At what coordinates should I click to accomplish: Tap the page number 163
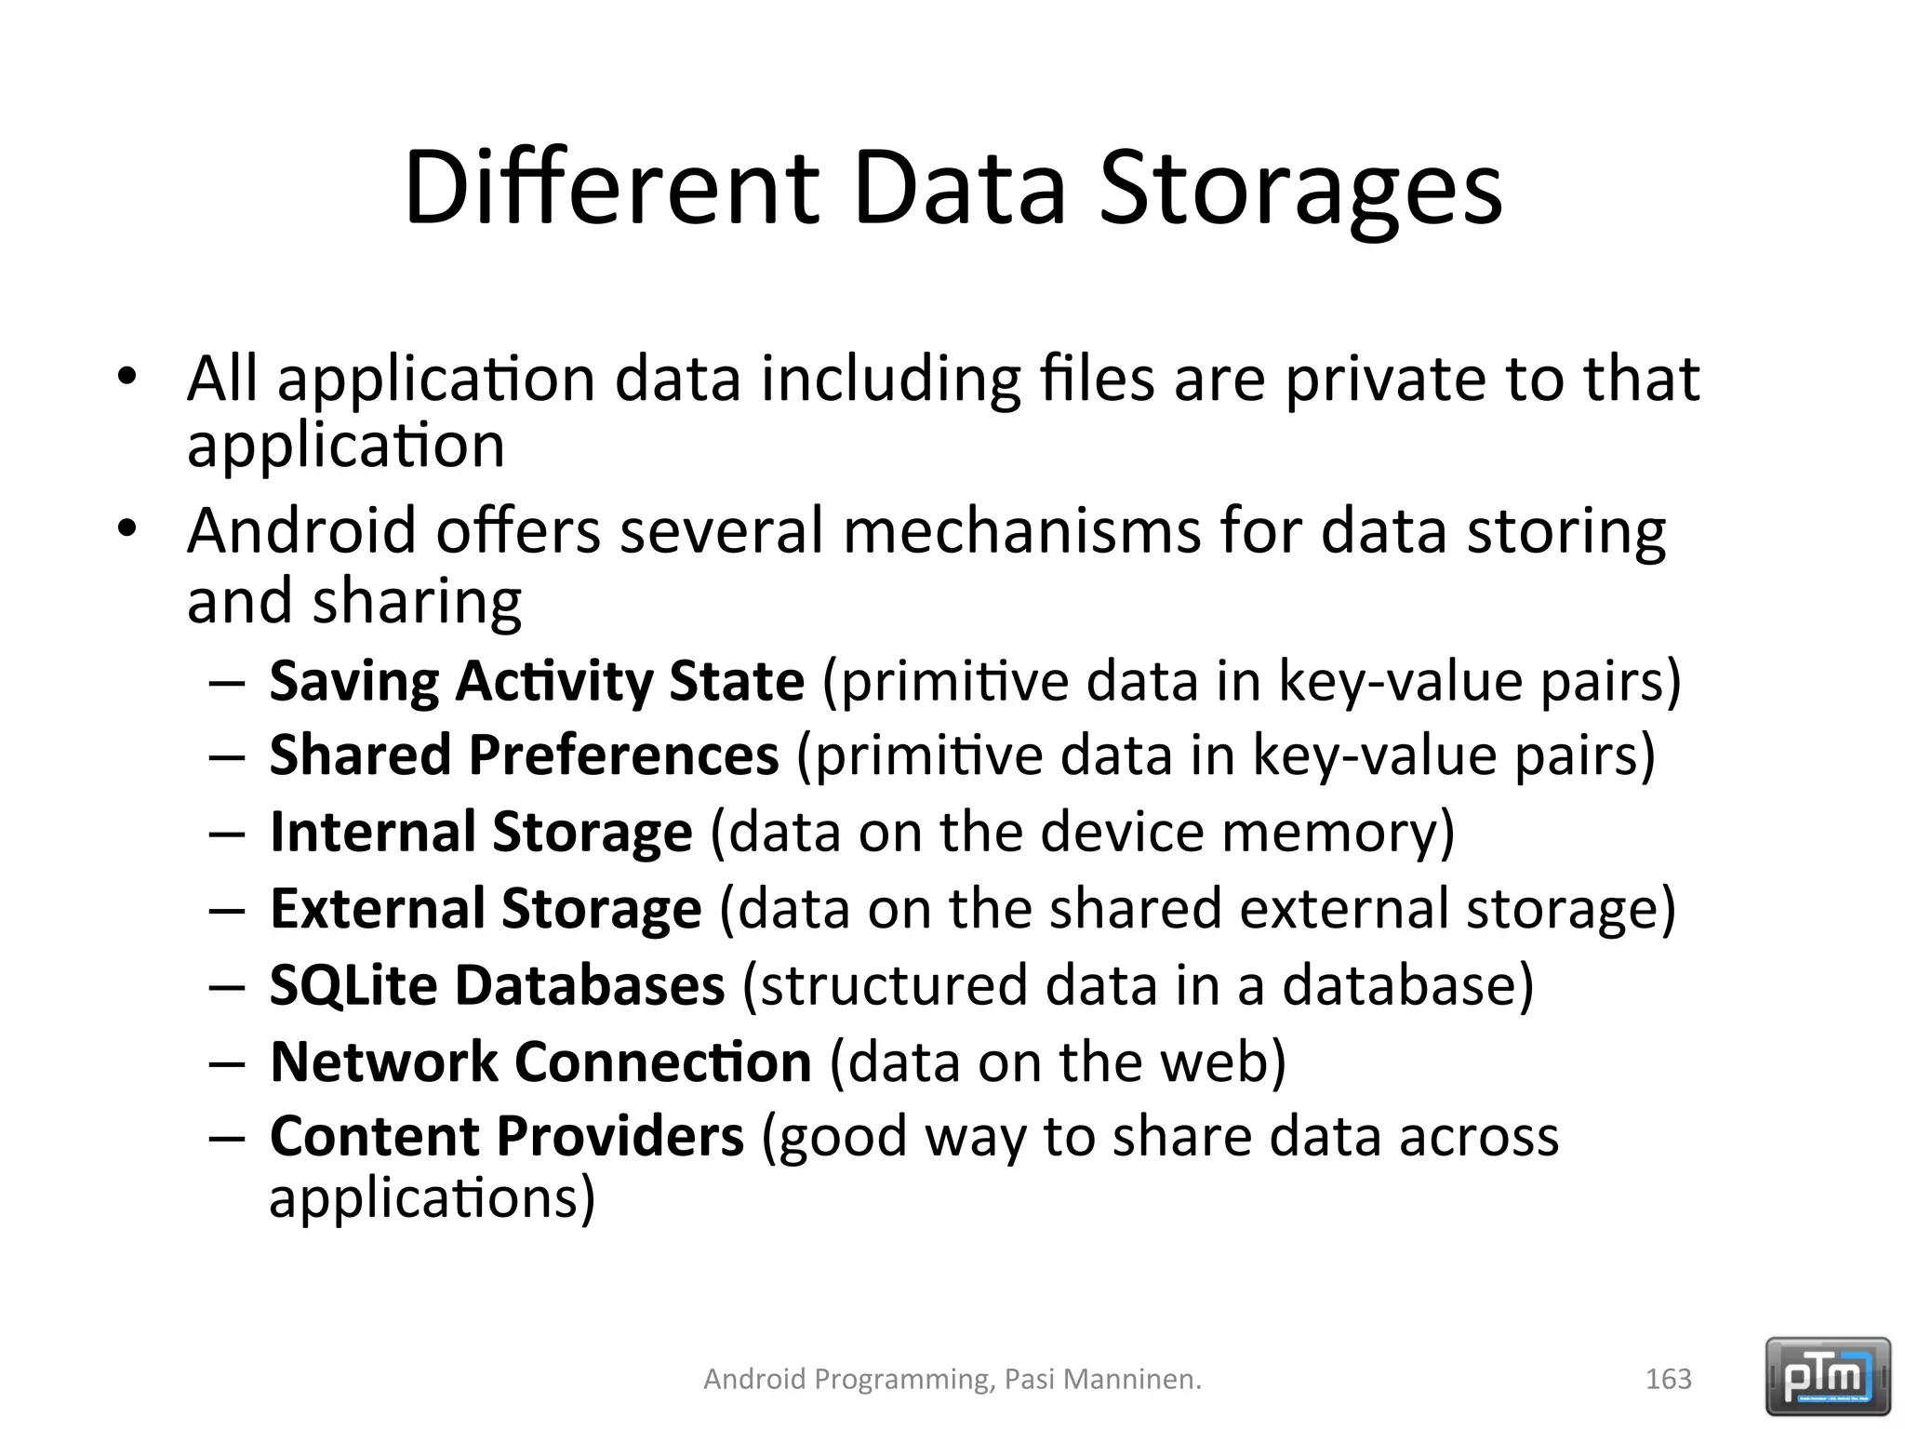point(1668,1379)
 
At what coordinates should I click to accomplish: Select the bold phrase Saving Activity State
point(537,681)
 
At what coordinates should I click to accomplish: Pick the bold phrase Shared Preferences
point(524,755)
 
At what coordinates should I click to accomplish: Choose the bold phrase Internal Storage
point(481,831)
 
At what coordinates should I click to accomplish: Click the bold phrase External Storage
point(486,908)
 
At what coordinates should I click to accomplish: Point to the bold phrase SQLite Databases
point(497,985)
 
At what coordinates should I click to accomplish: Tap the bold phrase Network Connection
point(540,1062)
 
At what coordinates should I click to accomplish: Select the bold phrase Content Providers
point(507,1136)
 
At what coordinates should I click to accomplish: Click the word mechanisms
point(1022,531)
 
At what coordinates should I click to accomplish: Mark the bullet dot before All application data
point(127,377)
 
